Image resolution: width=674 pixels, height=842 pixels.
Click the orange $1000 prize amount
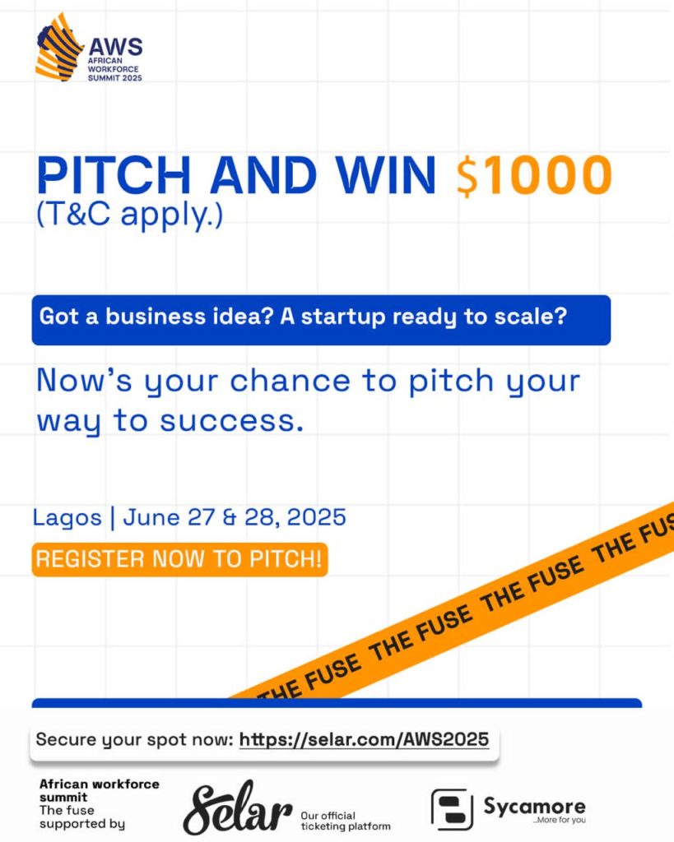pyautogui.click(x=534, y=175)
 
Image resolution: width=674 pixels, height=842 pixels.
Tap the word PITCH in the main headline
pyautogui.click(x=114, y=175)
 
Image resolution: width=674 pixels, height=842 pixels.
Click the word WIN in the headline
pyautogui.click(x=386, y=175)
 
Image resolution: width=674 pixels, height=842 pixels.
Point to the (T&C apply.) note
pyautogui.click(x=129, y=215)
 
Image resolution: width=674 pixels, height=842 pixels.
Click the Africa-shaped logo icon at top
pyautogui.click(x=58, y=47)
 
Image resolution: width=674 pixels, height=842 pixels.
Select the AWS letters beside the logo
pyautogui.click(x=115, y=46)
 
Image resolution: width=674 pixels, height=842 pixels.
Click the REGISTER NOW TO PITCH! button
pyautogui.click(x=179, y=559)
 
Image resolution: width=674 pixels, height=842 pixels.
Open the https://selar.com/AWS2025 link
pyautogui.click(x=364, y=739)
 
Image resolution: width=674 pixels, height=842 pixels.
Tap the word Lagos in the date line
pyautogui.click(x=67, y=518)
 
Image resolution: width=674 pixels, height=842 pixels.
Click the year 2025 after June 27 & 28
pyautogui.click(x=317, y=518)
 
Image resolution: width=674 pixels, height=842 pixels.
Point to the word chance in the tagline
pyautogui.click(x=291, y=382)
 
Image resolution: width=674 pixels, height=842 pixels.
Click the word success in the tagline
pyautogui.click(x=231, y=421)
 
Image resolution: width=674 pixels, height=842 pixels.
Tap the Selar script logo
pyautogui.click(x=238, y=807)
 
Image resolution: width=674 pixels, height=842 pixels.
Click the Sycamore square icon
pyautogui.click(x=452, y=809)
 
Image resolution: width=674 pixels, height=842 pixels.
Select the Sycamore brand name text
pyautogui.click(x=534, y=806)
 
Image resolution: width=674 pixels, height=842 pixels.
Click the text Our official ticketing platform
pyautogui.click(x=346, y=821)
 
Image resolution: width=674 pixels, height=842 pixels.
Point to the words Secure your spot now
pyautogui.click(x=134, y=740)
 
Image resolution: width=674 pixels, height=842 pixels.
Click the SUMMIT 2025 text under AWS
pyautogui.click(x=115, y=78)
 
